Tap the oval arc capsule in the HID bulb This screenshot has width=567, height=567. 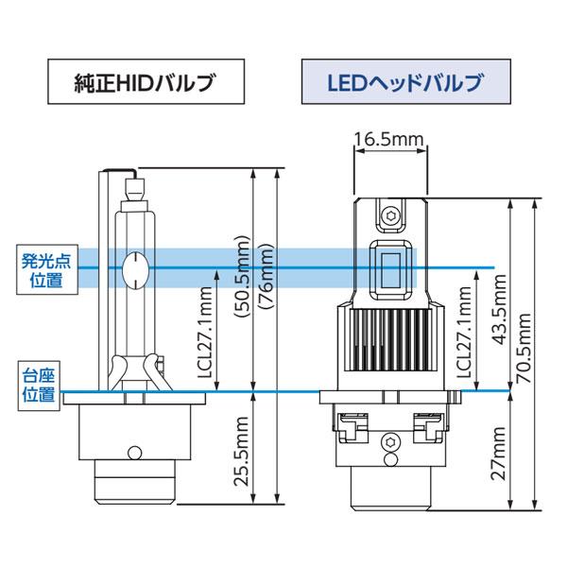pyautogui.click(x=136, y=267)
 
